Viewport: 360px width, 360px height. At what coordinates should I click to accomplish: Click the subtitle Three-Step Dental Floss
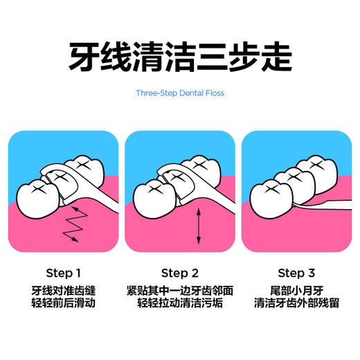pos(180,93)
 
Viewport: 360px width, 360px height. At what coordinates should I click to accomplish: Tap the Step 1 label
pos(63,272)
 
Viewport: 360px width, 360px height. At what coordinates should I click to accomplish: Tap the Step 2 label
pos(180,272)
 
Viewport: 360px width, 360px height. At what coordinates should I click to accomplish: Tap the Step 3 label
pos(296,272)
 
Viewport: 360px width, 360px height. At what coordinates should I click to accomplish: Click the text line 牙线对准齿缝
pos(63,289)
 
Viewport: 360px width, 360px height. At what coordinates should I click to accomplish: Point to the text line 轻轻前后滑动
pos(63,303)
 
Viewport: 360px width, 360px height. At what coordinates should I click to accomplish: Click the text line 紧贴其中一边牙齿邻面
pos(180,289)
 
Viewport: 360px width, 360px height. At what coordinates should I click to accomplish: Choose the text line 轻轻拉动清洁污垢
pos(180,303)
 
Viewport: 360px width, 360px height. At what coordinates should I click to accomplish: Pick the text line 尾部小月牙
pos(296,289)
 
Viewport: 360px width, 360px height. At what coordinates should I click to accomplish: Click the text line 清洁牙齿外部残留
pos(296,303)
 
